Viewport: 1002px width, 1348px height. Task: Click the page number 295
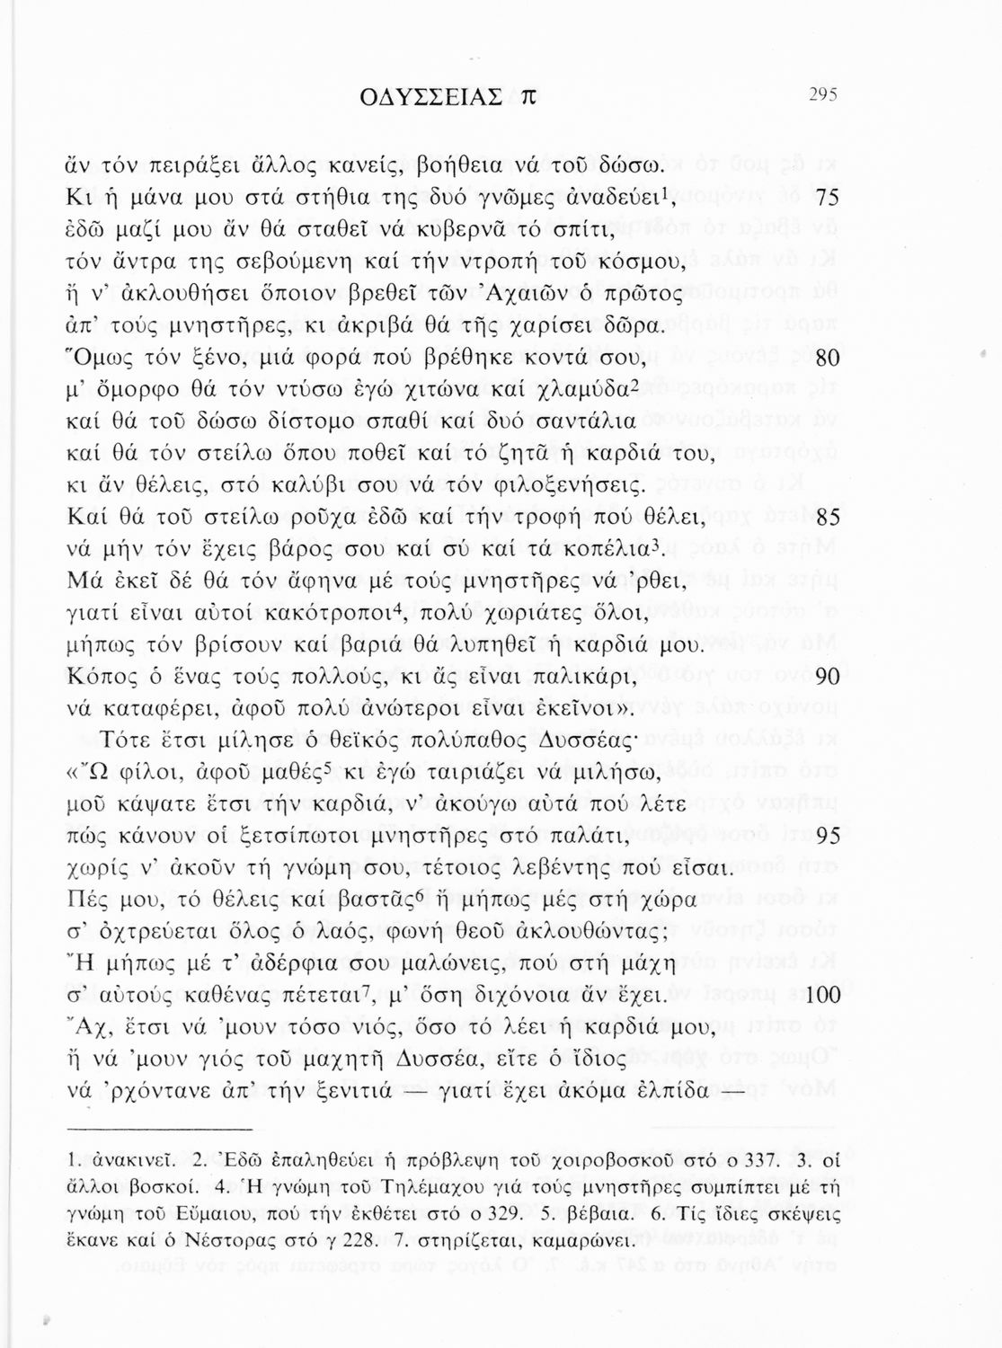[x=822, y=94]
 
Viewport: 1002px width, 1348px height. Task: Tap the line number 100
[x=820, y=997]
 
